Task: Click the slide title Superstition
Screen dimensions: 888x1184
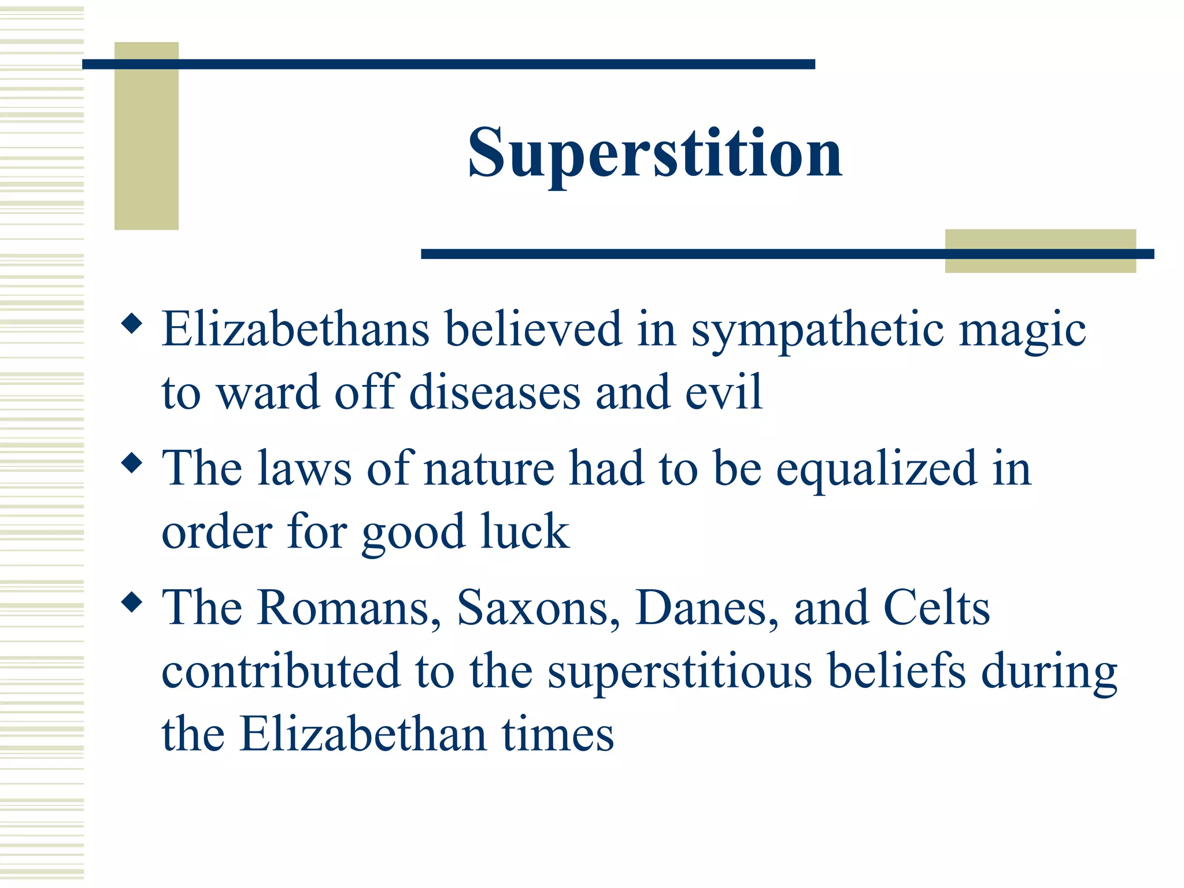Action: [654, 153]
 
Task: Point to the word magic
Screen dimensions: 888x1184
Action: [1022, 331]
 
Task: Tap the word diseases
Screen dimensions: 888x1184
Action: [494, 393]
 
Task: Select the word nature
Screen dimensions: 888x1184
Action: [489, 469]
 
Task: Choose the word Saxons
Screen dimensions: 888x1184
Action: [538, 608]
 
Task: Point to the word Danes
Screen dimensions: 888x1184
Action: [706, 608]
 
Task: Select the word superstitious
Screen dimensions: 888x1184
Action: [680, 672]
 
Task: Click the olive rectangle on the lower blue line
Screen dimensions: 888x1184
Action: [1040, 251]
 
